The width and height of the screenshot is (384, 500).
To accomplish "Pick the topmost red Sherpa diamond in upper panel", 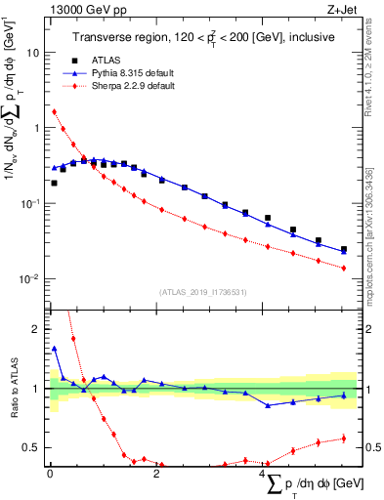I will point(54,111).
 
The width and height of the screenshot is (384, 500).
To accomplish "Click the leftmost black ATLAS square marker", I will point(54,183).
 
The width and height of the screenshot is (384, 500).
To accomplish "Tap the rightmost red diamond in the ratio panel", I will point(343,437).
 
